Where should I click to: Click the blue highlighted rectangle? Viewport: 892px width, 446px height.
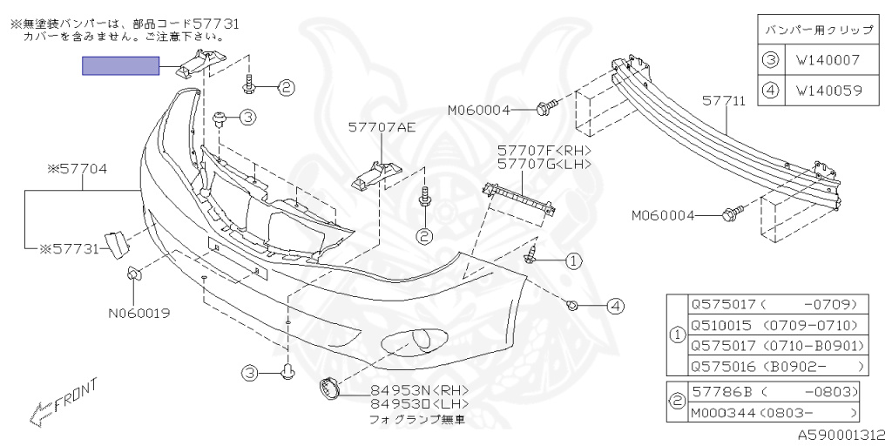[x=120, y=66]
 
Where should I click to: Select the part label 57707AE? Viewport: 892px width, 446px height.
[x=382, y=127]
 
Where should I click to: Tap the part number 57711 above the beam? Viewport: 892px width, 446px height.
[x=724, y=102]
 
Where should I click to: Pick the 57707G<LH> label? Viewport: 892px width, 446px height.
[x=544, y=164]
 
